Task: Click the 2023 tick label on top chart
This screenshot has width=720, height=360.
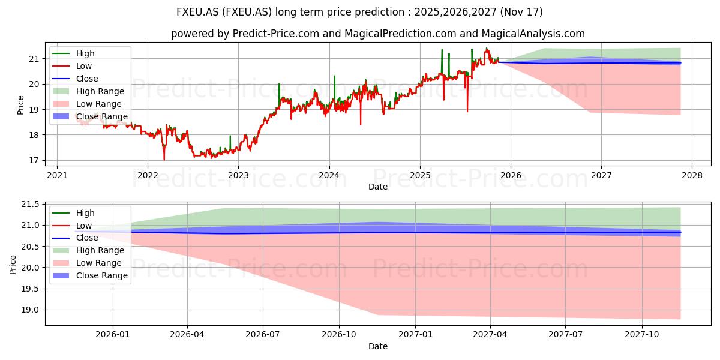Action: pos(238,175)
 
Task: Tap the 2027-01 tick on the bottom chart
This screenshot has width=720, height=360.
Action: pos(415,335)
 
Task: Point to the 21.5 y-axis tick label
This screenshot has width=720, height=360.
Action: pos(30,205)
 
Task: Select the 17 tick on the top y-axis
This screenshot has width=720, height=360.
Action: pos(34,160)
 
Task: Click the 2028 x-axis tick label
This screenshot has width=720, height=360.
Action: pos(692,175)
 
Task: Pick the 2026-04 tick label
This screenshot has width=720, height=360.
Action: pos(187,335)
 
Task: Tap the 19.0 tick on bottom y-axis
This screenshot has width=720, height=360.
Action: pos(30,310)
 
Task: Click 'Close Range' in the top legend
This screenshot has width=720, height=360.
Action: pos(102,116)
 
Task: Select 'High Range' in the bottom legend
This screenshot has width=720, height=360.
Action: pos(100,250)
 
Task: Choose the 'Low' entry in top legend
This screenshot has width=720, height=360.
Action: pos(84,66)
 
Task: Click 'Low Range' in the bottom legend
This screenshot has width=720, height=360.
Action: pos(98,263)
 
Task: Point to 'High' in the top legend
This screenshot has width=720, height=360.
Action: pos(85,53)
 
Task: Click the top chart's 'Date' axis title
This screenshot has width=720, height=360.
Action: pos(378,187)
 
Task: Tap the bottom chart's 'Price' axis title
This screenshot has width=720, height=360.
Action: pos(13,265)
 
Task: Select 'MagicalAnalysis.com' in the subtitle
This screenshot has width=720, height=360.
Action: pos(533,34)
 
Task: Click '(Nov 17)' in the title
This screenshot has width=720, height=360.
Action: pos(521,12)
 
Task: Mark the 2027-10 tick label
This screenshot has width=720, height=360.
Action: pos(642,335)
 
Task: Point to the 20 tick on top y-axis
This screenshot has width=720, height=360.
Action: pos(34,84)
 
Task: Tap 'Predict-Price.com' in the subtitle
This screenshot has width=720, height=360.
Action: pos(276,34)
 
